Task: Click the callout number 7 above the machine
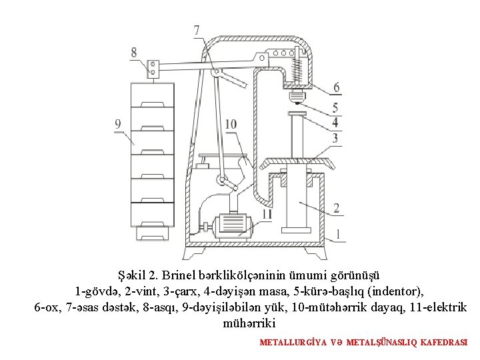coord(197,31)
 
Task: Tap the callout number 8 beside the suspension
coord(134,52)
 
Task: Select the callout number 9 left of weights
coord(119,123)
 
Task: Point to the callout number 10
coord(231,124)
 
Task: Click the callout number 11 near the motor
coord(267,214)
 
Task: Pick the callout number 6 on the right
coord(336,87)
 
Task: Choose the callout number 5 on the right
coord(335,108)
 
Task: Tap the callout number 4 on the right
coord(335,123)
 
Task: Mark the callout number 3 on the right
coord(335,139)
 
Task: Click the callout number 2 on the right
coord(336,208)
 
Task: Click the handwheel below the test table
coord(297,164)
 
